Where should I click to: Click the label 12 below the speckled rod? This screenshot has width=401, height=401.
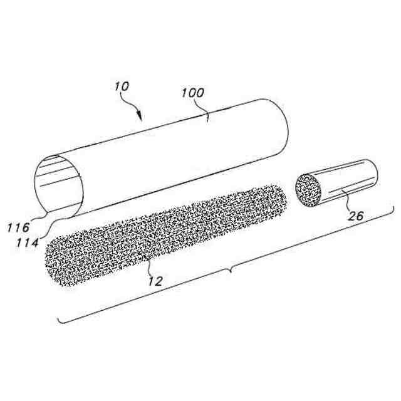click(x=155, y=281)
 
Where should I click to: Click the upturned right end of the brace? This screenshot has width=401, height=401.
click(x=392, y=210)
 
